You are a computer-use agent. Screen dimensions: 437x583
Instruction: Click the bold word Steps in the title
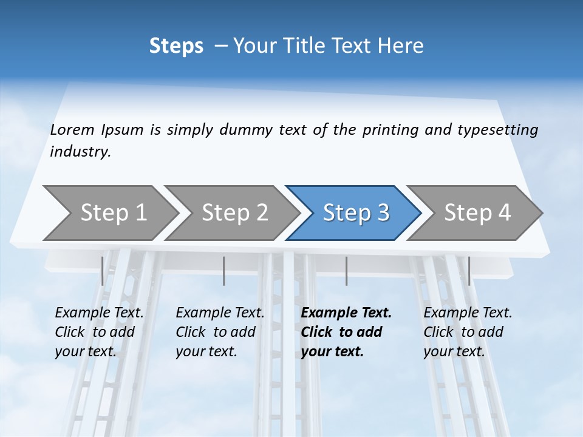point(176,46)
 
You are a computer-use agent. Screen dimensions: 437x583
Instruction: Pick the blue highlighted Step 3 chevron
point(356,212)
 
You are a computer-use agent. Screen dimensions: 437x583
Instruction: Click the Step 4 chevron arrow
point(477,212)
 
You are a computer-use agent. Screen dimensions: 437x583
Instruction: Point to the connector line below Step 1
point(102,271)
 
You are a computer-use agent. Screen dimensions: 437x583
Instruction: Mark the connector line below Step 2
point(224,271)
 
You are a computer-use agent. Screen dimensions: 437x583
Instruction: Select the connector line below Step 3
point(347,271)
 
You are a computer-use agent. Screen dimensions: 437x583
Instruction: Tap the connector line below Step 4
point(469,271)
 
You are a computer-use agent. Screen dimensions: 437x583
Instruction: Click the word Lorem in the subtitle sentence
point(72,129)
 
